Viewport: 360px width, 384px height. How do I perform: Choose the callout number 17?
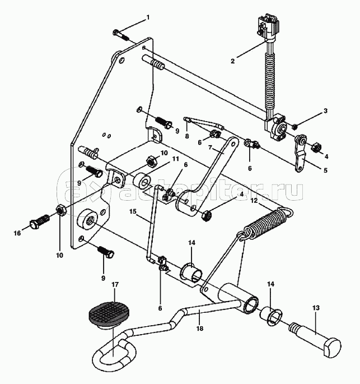(x=114, y=285)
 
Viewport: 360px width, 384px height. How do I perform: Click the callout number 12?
(x=254, y=200)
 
